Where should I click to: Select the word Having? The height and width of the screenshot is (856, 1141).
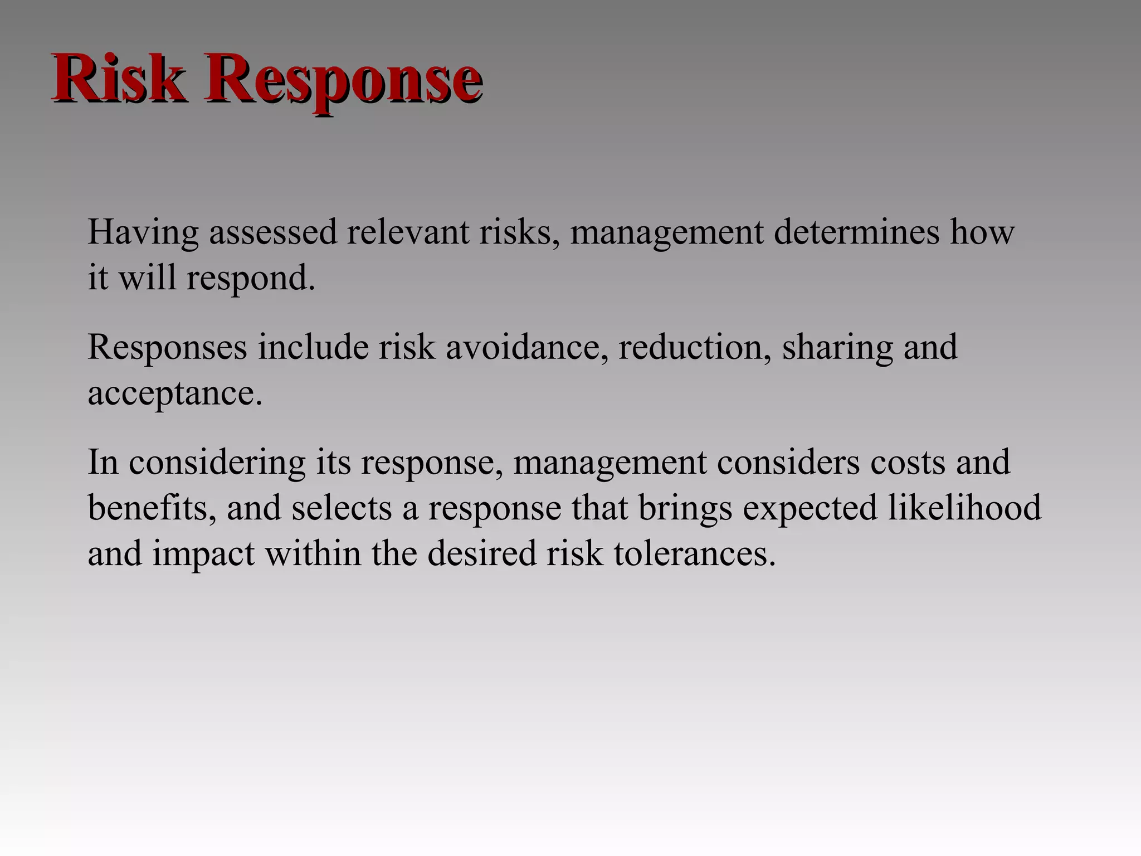point(143,232)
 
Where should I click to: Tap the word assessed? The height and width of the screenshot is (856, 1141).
point(273,232)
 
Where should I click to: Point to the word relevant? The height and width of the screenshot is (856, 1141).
point(408,232)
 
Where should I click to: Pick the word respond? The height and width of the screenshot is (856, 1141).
point(250,278)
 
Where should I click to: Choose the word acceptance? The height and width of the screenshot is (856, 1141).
point(174,393)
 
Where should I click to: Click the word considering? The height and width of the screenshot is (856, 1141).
point(217,463)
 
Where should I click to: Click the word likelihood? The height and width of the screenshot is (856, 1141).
point(964,508)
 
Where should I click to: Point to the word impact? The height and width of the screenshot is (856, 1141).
point(203,553)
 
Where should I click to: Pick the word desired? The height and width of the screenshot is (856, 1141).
point(481,553)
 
